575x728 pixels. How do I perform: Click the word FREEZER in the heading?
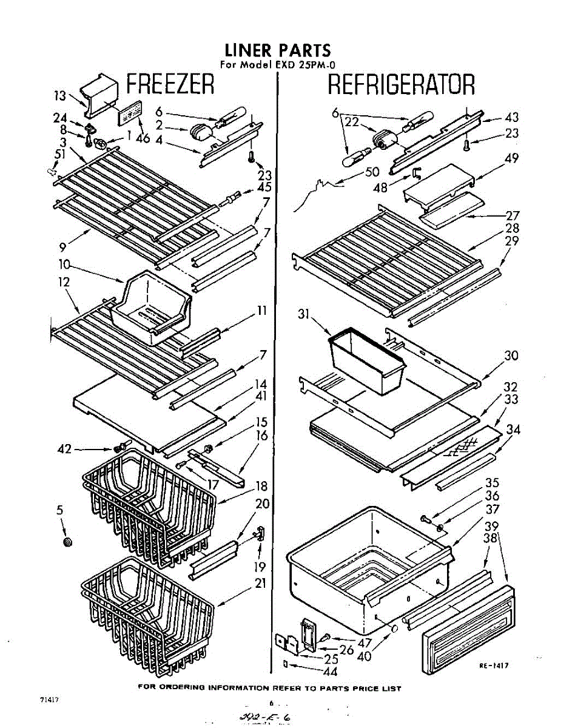(170, 84)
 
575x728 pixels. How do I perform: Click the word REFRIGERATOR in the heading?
(401, 85)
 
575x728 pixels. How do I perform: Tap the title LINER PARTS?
(278, 49)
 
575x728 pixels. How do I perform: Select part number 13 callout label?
(60, 95)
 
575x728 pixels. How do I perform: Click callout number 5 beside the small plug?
(60, 511)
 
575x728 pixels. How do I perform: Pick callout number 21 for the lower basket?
(261, 584)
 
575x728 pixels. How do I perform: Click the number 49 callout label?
(511, 159)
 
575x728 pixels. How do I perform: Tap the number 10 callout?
(65, 265)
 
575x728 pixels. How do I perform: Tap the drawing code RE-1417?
(493, 666)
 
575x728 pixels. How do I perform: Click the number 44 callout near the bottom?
(330, 672)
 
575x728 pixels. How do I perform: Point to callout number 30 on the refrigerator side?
(511, 356)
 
